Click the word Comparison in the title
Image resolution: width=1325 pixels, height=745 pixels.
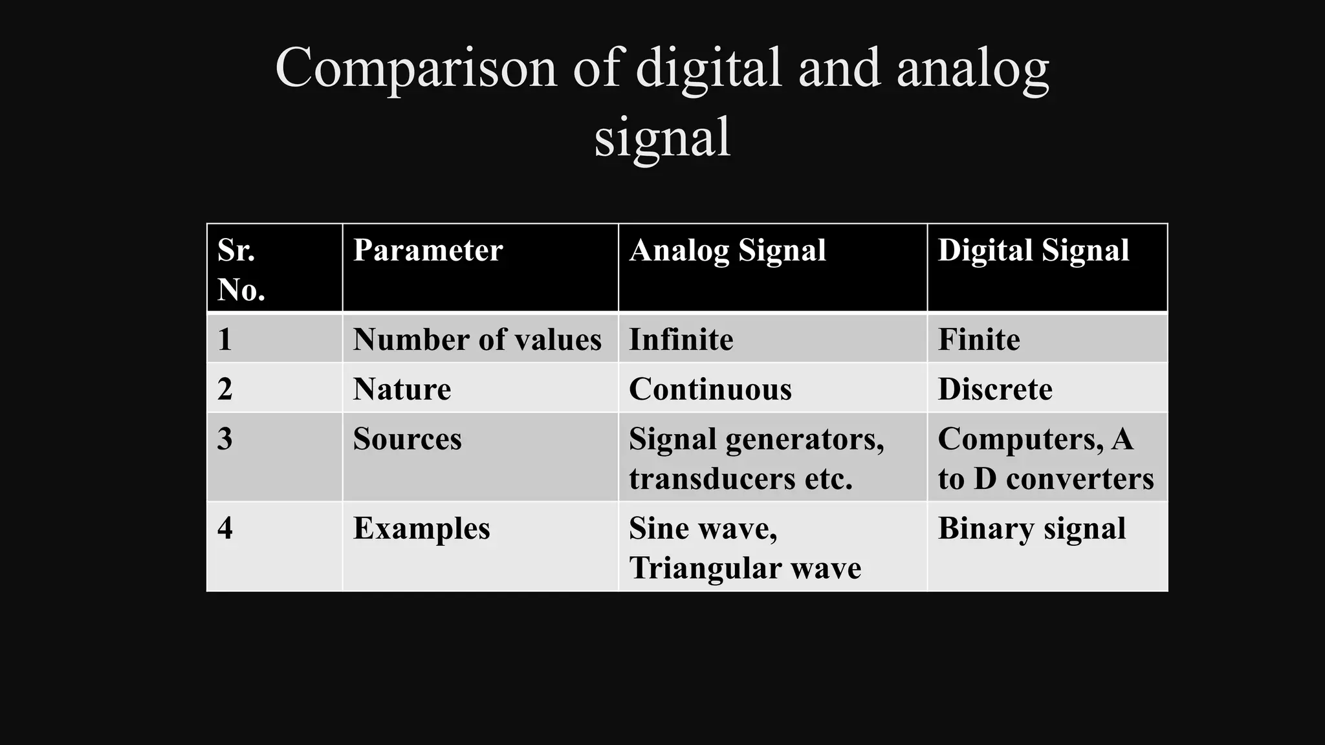point(415,69)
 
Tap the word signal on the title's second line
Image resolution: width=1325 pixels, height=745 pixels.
point(662,137)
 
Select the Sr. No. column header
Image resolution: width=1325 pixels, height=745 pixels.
point(241,269)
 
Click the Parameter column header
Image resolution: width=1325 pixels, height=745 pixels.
point(428,250)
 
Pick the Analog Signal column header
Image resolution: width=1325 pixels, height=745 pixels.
point(727,250)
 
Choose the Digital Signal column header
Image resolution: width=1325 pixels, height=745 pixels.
point(1033,250)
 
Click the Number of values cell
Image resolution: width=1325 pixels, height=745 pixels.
point(477,340)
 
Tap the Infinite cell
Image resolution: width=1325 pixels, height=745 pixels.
point(681,340)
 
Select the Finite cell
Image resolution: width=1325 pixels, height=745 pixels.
point(978,340)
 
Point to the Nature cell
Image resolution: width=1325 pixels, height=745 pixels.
point(402,389)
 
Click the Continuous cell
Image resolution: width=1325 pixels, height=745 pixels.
point(710,389)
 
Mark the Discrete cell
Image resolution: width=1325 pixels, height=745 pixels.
point(994,389)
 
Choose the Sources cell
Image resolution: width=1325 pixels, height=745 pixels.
point(407,439)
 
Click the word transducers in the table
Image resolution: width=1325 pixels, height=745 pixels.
point(712,479)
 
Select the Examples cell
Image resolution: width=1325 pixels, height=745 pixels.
point(421,528)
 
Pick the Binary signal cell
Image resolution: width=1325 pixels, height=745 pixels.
point(1031,528)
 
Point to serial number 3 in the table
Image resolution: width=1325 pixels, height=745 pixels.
point(224,439)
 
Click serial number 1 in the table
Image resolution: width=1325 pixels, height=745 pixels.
point(224,340)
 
